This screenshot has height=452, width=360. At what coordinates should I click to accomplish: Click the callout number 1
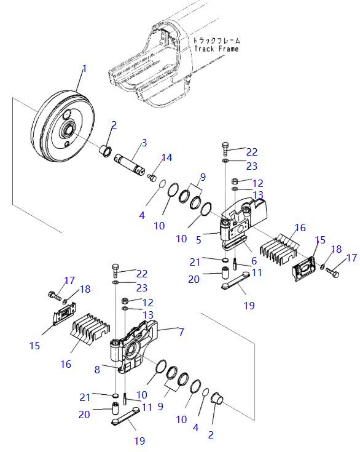84,69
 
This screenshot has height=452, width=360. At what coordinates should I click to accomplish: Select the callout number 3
144,143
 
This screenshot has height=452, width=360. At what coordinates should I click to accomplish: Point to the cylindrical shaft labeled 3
129,164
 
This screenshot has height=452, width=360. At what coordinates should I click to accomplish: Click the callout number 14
167,157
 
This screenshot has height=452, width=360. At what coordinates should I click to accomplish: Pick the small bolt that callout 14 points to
152,177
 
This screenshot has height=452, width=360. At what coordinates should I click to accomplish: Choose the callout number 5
198,240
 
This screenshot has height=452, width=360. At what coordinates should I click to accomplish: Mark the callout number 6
254,261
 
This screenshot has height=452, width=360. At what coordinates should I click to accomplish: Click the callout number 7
181,332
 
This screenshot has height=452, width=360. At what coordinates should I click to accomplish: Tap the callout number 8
97,370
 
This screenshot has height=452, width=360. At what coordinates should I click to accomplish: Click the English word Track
204,49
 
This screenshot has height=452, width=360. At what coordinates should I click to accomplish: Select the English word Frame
229,49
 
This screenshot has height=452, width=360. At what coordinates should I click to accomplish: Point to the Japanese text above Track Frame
217,41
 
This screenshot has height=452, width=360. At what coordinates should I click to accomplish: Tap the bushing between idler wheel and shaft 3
104,151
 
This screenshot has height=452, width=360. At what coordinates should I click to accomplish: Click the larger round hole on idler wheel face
66,114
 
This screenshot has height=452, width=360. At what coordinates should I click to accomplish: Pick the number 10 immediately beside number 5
181,239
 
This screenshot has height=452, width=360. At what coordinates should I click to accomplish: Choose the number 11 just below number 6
257,272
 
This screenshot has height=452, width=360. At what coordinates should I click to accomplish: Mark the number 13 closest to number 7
148,315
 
